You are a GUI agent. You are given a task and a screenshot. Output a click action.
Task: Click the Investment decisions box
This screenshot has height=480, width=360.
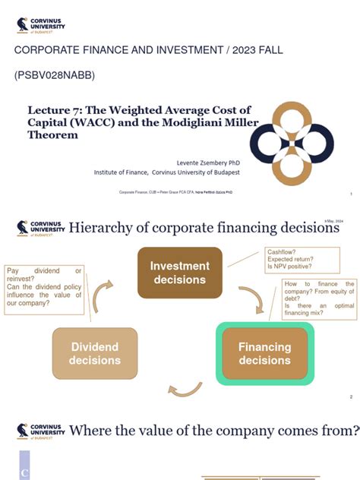(179, 273)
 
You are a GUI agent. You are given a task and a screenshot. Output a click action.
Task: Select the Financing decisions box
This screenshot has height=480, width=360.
(264, 353)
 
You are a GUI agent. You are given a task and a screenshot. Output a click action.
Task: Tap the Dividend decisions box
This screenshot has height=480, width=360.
(94, 353)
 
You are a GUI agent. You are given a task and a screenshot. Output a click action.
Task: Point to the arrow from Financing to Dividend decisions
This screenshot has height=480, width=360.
(185, 390)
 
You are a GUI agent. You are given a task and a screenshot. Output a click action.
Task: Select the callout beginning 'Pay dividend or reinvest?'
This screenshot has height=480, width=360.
(44, 287)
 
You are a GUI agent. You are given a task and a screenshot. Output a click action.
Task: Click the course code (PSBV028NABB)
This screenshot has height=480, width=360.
(54, 76)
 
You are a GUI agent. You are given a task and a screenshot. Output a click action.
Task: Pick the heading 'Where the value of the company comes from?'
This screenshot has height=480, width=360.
(213, 431)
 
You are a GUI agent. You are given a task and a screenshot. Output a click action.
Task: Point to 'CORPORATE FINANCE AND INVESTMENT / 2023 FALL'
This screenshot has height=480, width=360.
(149, 50)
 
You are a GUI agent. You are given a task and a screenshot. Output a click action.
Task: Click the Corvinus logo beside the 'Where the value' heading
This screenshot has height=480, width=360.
(40, 432)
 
